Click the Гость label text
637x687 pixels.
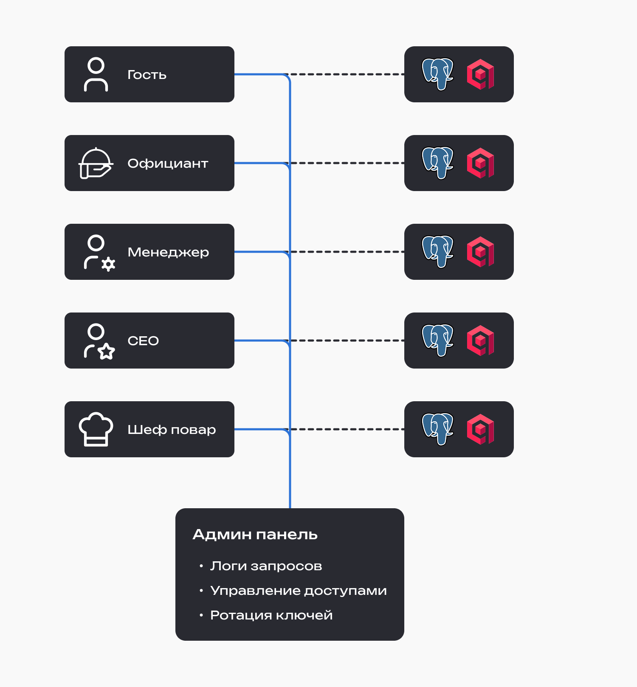coord(147,75)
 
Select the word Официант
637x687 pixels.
coord(168,163)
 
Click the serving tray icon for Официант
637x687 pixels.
coord(96,163)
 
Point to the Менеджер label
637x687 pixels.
coord(168,252)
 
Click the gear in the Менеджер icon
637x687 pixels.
coord(108,264)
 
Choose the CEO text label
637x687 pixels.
coord(143,341)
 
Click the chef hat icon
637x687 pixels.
coord(96,429)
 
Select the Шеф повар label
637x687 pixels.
coord(172,430)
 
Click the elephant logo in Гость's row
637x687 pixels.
coord(437,74)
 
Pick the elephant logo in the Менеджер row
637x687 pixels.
coord(437,252)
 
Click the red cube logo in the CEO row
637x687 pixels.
coord(480,341)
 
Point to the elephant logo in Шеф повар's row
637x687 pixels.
coord(437,429)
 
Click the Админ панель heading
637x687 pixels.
coord(255,534)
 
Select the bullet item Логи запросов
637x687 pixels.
coord(266,566)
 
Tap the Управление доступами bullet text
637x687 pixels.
coord(299,591)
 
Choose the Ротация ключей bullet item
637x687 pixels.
coord(271,615)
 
